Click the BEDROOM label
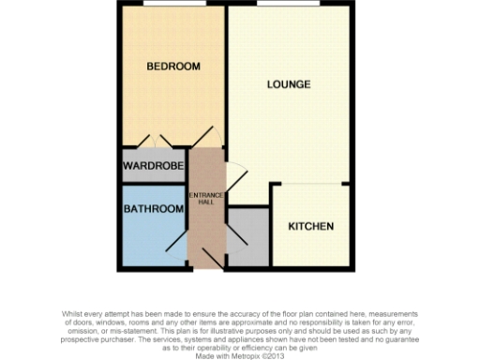pyautogui.click(x=173, y=67)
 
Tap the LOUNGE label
pyautogui.click(x=288, y=85)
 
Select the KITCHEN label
pyautogui.click(x=310, y=227)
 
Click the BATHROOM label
pyautogui.click(x=153, y=209)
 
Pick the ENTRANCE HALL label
pyautogui.click(x=206, y=199)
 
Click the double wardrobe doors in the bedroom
pyautogui.click(x=154, y=141)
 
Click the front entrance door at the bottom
pyautogui.click(x=207, y=263)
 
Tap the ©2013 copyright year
pyautogui.click(x=273, y=356)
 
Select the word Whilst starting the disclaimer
pyautogui.click(x=73, y=314)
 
